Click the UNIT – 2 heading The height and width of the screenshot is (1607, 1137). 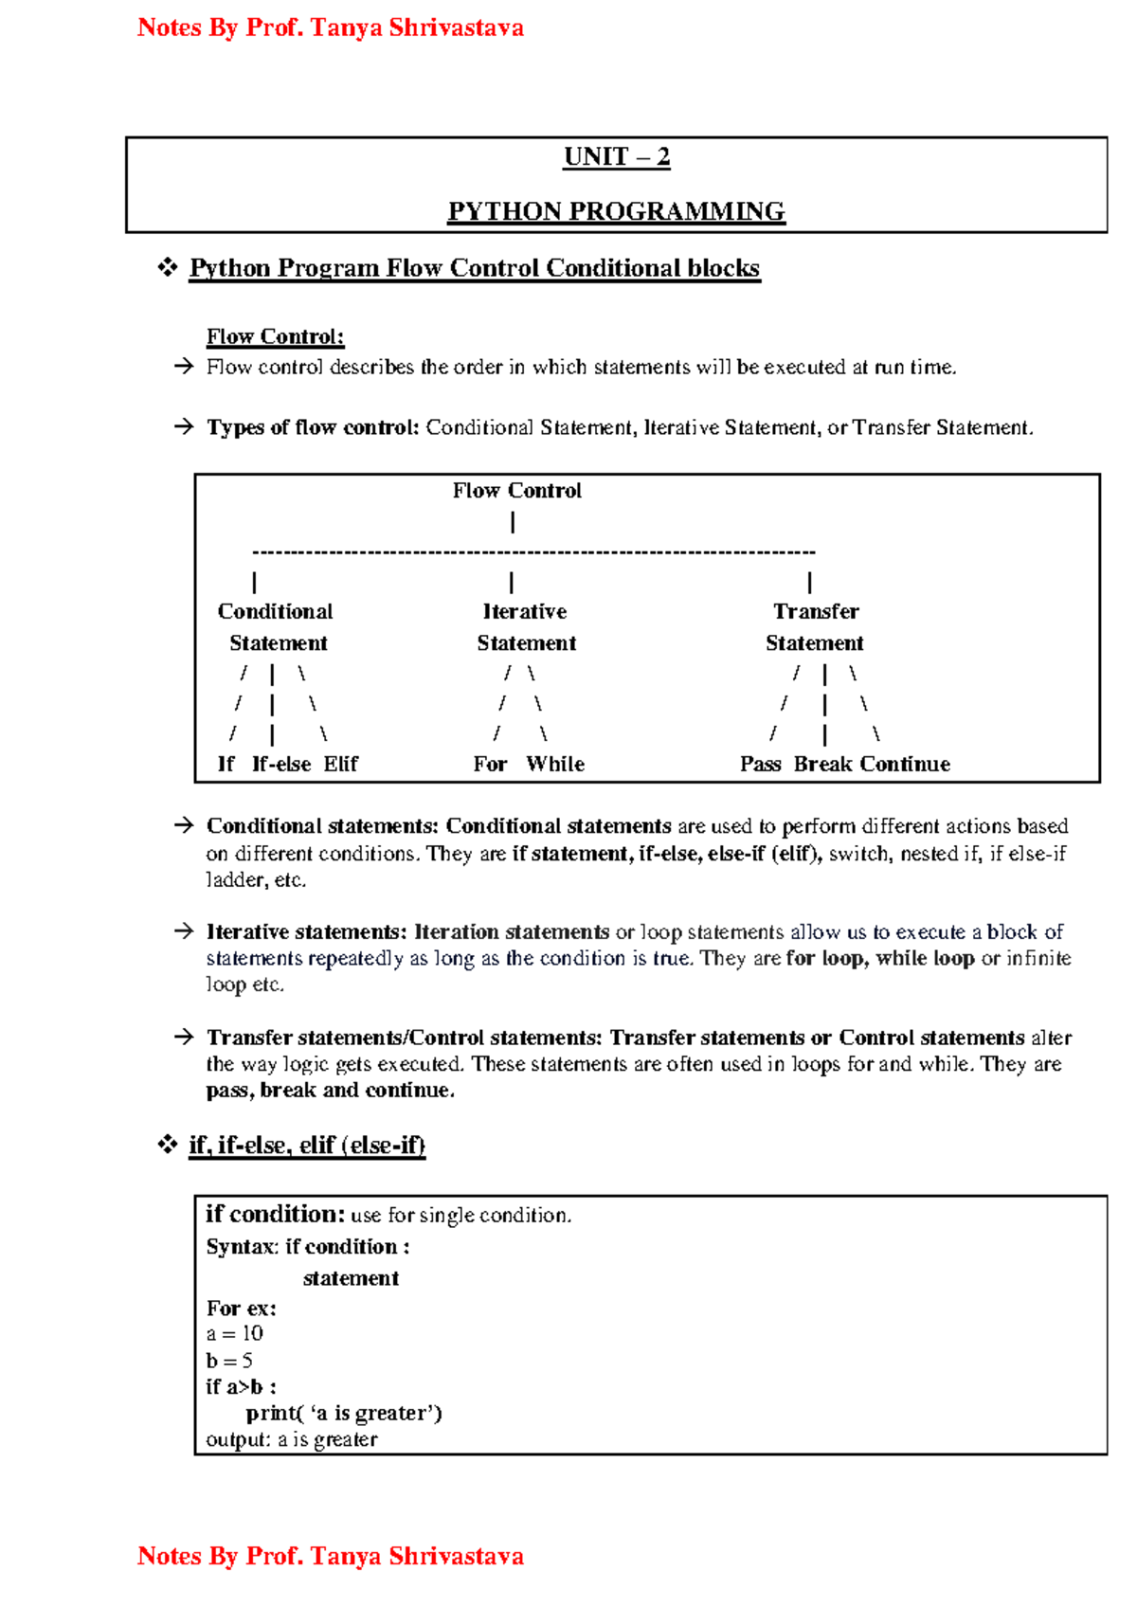[x=616, y=156]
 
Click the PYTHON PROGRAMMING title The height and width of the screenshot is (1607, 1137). [x=616, y=210]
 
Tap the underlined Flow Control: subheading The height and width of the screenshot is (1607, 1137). [x=275, y=336]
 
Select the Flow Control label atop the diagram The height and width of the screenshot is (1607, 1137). [x=516, y=491]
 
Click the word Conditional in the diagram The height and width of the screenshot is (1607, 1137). [x=275, y=611]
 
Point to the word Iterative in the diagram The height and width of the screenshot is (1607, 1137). [x=524, y=611]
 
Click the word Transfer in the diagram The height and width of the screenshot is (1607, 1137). [x=815, y=611]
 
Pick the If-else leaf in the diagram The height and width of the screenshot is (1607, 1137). [x=280, y=764]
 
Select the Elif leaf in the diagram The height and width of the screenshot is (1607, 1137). [x=340, y=764]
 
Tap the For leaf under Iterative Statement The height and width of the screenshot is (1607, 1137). [x=490, y=764]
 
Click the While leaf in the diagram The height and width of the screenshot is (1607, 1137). [x=555, y=764]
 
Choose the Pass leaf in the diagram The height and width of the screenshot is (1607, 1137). [x=760, y=764]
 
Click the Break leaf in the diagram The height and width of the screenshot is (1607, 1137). [x=822, y=764]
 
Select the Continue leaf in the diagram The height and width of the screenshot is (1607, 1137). [x=905, y=764]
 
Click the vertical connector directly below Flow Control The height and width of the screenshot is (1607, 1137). [x=513, y=522]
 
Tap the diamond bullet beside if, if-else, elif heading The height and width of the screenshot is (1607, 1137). [x=168, y=1145]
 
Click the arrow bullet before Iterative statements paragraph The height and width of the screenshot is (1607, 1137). [x=183, y=931]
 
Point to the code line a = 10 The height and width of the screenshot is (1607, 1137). [x=234, y=1333]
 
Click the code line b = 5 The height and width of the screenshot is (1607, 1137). [x=229, y=1361]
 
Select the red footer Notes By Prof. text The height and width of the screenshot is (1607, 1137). [x=330, y=1556]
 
